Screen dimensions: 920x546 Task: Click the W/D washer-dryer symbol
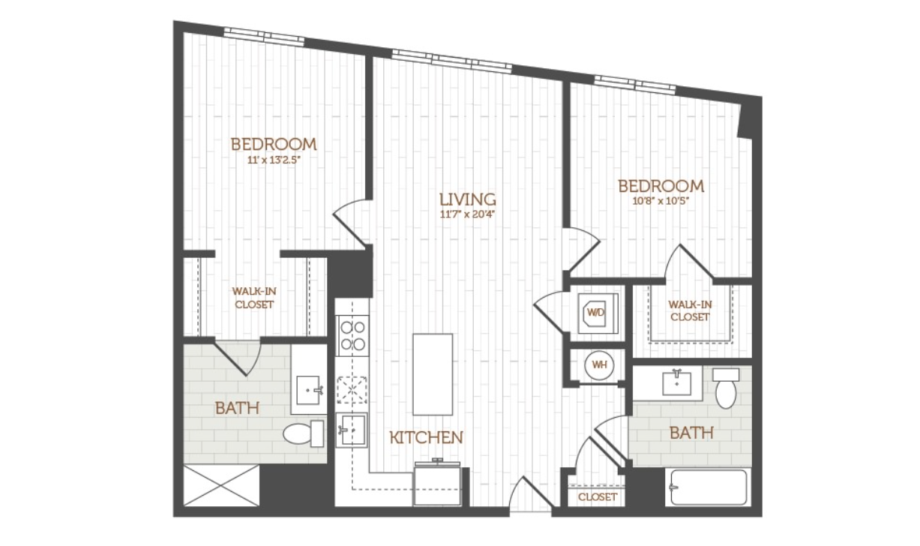598,313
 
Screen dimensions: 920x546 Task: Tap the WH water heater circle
600,364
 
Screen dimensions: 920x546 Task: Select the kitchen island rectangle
433,374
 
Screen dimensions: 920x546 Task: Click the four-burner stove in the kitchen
353,336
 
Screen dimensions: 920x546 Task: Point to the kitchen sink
351,430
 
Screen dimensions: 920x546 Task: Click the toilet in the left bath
304,433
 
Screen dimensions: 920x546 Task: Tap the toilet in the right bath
726,388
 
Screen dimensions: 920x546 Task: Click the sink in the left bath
308,390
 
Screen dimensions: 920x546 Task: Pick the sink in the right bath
677,383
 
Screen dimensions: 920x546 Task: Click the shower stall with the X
221,485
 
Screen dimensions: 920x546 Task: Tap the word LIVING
468,199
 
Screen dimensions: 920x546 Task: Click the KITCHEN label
427,438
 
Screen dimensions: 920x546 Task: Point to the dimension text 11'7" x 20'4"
468,214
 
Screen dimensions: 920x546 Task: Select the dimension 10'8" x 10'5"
661,201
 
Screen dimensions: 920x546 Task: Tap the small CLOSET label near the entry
598,497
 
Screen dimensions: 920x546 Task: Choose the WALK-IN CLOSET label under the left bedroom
254,298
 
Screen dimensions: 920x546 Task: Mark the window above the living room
452,60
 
